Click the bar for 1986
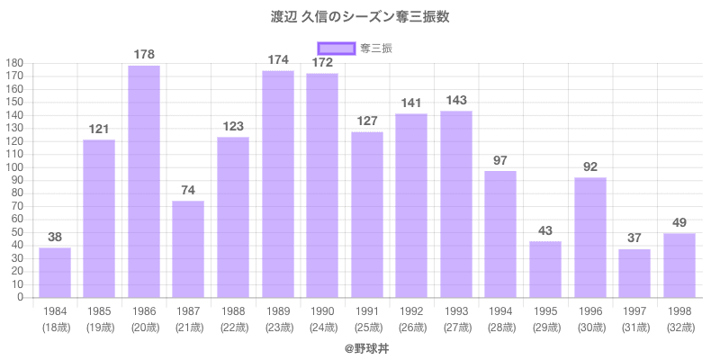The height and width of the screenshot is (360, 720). (144, 182)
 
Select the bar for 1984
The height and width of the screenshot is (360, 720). (55, 273)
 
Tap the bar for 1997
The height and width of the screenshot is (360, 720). (634, 274)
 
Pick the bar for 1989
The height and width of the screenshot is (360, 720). (278, 184)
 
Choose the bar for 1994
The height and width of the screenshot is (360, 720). (500, 234)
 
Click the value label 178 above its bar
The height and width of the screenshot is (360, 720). (144, 55)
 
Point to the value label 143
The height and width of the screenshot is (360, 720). (456, 100)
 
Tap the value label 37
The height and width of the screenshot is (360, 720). (634, 238)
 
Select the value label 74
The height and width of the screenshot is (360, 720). (189, 190)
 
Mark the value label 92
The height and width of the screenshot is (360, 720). (589, 166)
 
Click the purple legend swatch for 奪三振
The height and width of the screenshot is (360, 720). (337, 49)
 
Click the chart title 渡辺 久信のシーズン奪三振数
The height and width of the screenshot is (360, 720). (360, 17)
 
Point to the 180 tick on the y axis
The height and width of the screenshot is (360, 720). (14, 63)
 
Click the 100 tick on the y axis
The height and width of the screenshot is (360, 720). (14, 167)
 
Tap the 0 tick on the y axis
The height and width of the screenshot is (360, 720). (20, 297)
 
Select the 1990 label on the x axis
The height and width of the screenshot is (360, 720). (322, 311)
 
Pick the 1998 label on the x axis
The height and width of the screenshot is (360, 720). (679, 311)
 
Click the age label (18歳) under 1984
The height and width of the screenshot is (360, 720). (55, 327)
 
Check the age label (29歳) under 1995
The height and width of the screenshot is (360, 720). (545, 327)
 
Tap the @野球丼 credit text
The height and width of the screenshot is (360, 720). (360, 347)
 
